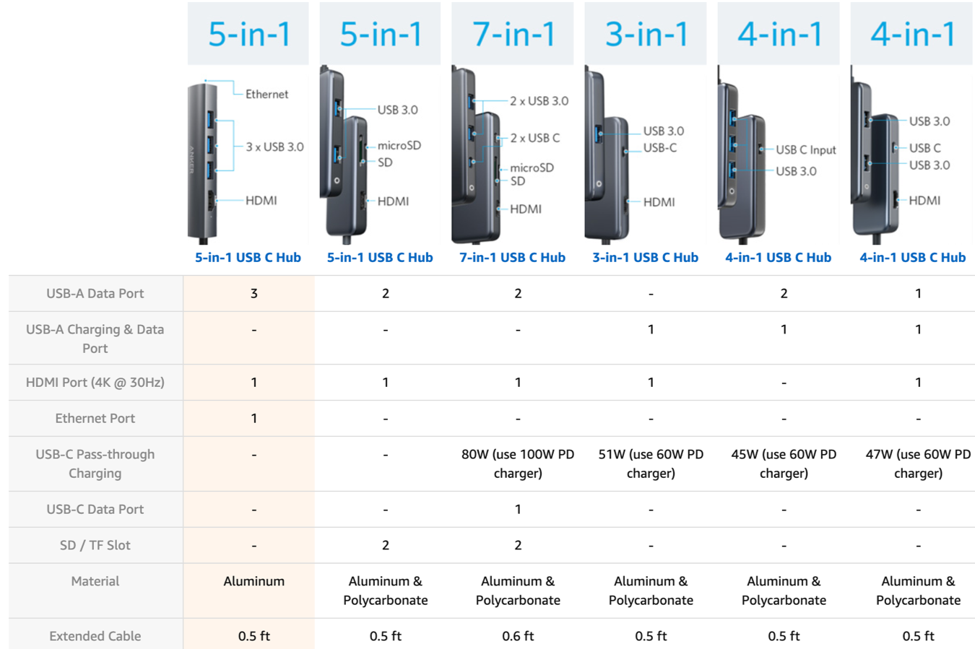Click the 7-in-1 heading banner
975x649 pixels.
[x=513, y=34]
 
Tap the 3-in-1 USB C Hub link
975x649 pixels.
[x=645, y=257]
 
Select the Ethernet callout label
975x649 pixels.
[x=266, y=94]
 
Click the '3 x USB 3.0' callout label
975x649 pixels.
[x=274, y=147]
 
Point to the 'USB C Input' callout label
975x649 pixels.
[x=805, y=149]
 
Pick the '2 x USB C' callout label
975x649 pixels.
[x=534, y=138]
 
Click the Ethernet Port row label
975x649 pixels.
[x=95, y=418]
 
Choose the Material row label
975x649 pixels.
[x=95, y=581]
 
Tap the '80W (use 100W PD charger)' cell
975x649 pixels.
[x=518, y=463]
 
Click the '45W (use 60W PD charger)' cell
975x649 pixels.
[x=784, y=463]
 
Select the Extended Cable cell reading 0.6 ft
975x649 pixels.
[x=518, y=636]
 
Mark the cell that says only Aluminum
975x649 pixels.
[x=253, y=581]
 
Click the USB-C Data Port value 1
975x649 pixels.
[x=518, y=509]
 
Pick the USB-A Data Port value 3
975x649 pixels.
[x=253, y=293]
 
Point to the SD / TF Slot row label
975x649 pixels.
[x=95, y=545]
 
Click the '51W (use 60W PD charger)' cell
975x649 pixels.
[x=651, y=463]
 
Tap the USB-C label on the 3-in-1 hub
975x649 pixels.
[x=659, y=148]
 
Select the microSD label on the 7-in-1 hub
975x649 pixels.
[x=532, y=167]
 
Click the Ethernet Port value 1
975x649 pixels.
[x=253, y=418]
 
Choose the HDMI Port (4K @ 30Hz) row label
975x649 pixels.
[x=95, y=382]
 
